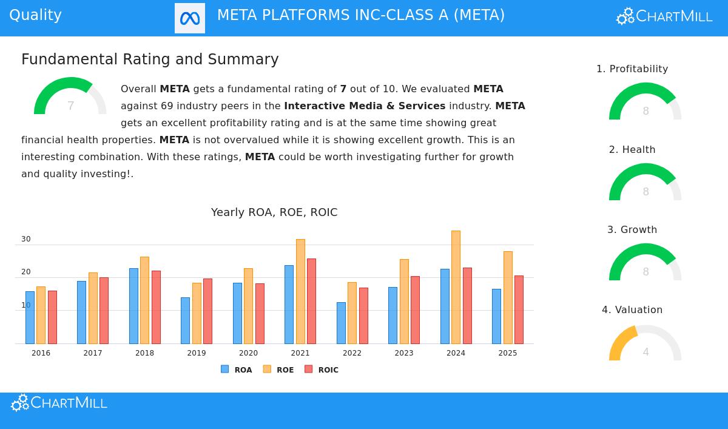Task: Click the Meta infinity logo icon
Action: click(x=190, y=18)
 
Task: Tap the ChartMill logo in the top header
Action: click(x=664, y=16)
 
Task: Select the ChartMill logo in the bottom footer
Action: click(x=59, y=403)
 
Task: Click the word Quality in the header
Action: click(x=35, y=15)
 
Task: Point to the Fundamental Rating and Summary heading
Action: click(x=150, y=59)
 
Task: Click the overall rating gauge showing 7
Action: click(x=70, y=97)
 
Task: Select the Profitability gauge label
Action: click(x=632, y=69)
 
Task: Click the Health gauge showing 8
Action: click(x=645, y=183)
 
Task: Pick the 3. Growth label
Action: click(x=632, y=230)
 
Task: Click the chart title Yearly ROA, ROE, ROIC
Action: click(x=274, y=212)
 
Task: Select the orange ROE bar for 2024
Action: click(x=456, y=287)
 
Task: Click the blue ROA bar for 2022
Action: click(x=341, y=323)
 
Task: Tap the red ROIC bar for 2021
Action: click(x=311, y=301)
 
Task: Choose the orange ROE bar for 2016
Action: click(x=41, y=315)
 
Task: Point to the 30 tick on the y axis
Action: click(x=26, y=239)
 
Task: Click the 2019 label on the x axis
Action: click(x=197, y=353)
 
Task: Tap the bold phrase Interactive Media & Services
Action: click(x=365, y=106)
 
